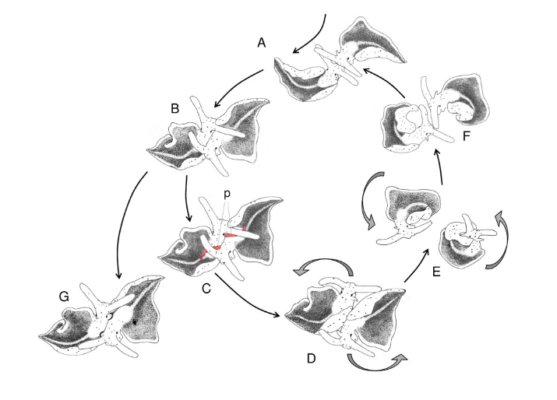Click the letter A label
262,43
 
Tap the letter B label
175,109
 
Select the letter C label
206,289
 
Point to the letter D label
311,359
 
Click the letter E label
436,272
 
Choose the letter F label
467,136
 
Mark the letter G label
64,296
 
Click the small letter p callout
227,194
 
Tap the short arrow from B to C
187,198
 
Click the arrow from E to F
440,167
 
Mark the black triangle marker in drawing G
134,322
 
